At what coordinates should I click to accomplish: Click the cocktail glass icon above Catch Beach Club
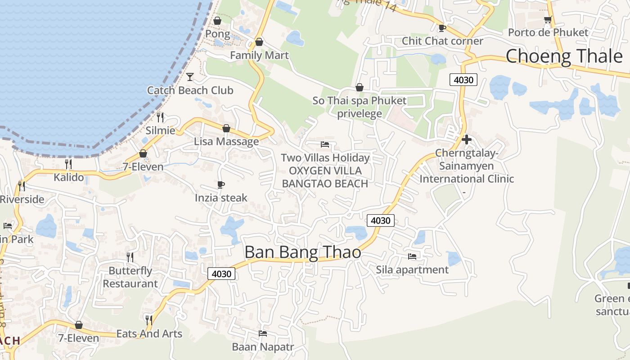(x=190, y=77)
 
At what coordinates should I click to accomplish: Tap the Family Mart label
(x=259, y=55)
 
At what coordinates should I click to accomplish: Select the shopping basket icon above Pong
(x=217, y=21)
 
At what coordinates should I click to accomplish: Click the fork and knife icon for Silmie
(x=160, y=117)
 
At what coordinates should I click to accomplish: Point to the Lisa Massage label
(x=226, y=141)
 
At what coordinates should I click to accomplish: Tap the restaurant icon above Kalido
(x=68, y=164)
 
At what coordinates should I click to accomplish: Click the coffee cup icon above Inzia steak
(x=221, y=184)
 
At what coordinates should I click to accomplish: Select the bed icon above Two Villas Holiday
(x=325, y=144)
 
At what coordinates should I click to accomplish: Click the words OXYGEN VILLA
(x=325, y=171)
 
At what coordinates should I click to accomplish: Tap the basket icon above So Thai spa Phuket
(x=359, y=87)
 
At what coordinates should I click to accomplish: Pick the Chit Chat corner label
(x=442, y=41)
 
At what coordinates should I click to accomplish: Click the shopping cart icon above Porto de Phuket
(x=548, y=19)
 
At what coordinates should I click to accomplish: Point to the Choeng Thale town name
(x=564, y=56)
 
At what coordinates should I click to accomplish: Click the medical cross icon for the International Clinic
(x=467, y=139)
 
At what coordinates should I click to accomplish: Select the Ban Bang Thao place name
(x=302, y=252)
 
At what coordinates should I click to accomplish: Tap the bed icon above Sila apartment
(x=412, y=256)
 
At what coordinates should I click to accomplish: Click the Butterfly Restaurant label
(x=130, y=277)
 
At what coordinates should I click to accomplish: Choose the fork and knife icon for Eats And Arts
(x=149, y=320)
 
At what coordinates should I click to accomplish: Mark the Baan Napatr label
(x=262, y=347)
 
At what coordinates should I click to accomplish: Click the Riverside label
(x=22, y=199)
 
